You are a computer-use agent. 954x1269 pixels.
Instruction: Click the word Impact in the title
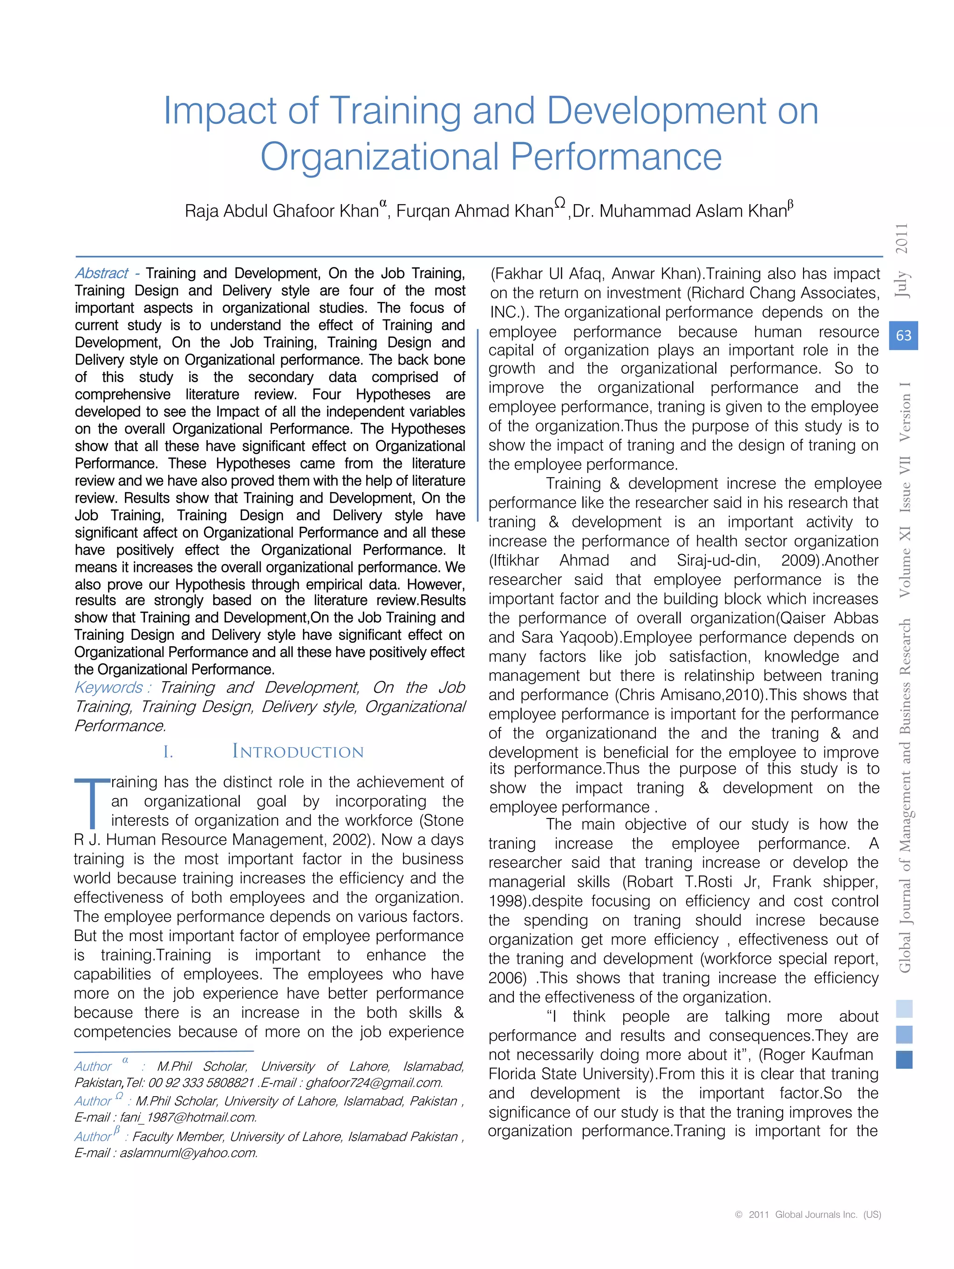[221, 112]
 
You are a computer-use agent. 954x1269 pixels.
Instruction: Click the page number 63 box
[903, 335]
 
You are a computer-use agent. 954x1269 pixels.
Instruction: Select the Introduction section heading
[297, 751]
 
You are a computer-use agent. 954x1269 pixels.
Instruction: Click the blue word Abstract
[102, 273]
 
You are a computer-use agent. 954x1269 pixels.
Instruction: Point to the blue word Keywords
[108, 687]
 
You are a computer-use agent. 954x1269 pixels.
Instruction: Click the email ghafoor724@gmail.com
[374, 1083]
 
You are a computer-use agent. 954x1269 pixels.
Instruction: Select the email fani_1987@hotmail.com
[188, 1118]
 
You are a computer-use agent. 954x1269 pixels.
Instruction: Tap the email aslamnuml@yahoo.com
[188, 1153]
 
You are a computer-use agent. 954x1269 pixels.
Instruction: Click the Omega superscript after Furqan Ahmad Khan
[560, 203]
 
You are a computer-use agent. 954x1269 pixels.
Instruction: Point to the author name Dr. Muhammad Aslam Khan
[680, 211]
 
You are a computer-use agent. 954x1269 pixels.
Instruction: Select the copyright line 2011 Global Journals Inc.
[808, 1214]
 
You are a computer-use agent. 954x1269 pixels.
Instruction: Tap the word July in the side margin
[902, 284]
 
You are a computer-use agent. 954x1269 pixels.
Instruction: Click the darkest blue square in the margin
[904, 1060]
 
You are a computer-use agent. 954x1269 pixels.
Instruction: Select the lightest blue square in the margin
[904, 1009]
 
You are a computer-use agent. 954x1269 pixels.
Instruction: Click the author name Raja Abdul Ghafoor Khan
[281, 211]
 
